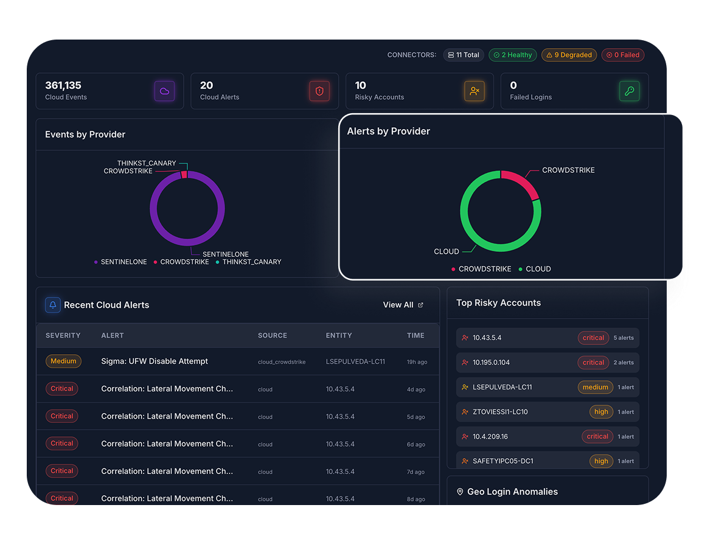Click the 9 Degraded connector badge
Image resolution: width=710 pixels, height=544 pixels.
[569, 55]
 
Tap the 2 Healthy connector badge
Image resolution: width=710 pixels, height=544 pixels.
[513, 55]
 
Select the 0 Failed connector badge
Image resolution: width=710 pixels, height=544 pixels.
[622, 55]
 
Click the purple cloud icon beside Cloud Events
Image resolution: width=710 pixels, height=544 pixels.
[164, 91]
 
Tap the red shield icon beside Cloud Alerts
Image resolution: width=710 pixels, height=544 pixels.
[319, 91]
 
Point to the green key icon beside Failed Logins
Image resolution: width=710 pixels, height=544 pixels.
[629, 91]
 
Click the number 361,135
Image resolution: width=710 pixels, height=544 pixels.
[63, 85]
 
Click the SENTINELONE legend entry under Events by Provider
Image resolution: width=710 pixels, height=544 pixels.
[120, 262]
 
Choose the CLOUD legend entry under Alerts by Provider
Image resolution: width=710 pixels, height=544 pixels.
[535, 269]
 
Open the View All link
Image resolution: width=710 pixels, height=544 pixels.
[403, 305]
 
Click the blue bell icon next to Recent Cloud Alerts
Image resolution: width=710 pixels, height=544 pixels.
[52, 305]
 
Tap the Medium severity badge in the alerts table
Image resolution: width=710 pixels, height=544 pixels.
[63, 361]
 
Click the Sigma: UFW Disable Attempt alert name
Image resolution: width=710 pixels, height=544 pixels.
[155, 361]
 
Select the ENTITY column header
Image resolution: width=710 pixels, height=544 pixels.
[339, 335]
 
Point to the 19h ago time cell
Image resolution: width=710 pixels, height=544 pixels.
[417, 362]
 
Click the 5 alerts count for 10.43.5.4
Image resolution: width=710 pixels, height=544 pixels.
[624, 338]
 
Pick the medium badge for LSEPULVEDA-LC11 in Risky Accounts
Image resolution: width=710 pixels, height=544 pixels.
[595, 387]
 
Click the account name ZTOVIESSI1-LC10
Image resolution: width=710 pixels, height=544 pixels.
[500, 412]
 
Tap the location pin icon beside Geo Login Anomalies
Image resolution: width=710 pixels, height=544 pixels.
[460, 492]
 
